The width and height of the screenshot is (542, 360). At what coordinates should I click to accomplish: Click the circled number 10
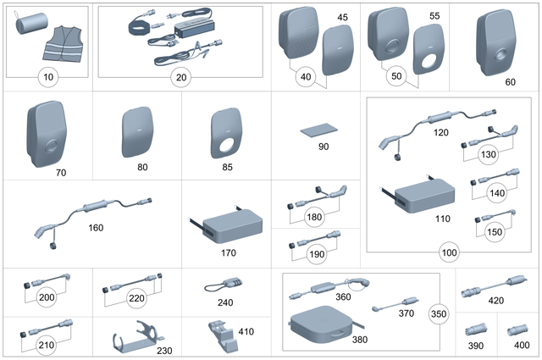[47, 77]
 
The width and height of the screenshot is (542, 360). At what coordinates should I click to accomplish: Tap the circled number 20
[180, 77]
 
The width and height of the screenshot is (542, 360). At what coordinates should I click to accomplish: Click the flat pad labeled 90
[318, 131]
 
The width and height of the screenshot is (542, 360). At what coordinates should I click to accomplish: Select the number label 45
[342, 18]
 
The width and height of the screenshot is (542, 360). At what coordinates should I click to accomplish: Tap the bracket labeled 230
[135, 337]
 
